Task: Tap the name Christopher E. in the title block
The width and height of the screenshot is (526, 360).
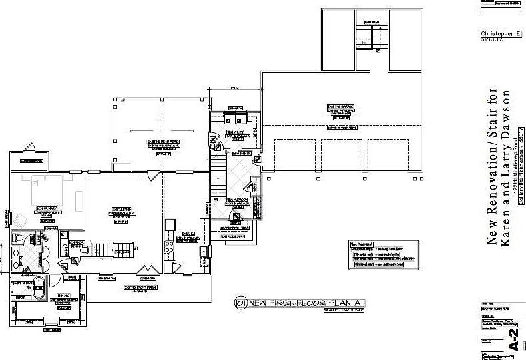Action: click(x=501, y=33)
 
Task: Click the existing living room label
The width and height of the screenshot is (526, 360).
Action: click(x=120, y=213)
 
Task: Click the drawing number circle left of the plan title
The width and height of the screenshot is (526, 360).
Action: click(x=239, y=303)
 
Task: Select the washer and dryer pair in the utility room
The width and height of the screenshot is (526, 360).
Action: click(x=234, y=118)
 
